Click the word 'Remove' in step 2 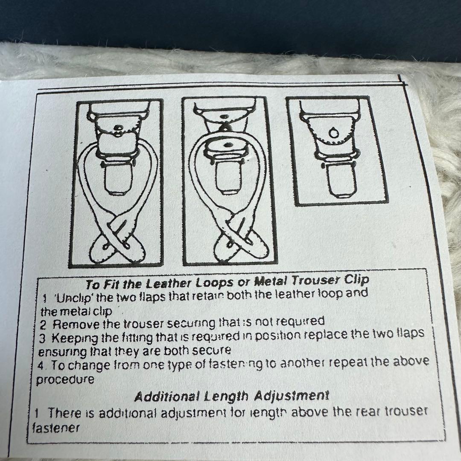click(x=76, y=324)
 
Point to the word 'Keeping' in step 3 click(x=75, y=338)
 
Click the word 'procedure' click(x=65, y=379)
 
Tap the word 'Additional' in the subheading click(x=167, y=397)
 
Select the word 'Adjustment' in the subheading click(x=292, y=396)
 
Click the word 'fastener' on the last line click(x=55, y=428)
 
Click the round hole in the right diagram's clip click(x=333, y=133)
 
